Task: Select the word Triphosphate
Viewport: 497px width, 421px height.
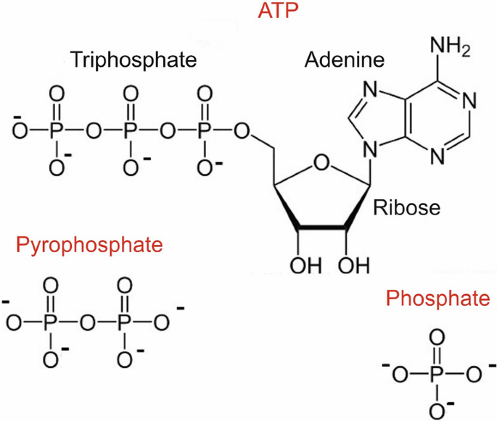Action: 134,59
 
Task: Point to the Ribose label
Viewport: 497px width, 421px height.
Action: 407,208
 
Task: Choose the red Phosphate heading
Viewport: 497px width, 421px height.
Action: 437,298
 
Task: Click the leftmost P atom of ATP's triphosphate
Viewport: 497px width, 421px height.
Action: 54,132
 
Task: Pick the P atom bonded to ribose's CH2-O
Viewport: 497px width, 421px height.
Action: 205,132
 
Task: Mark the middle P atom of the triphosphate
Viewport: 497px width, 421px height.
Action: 130,132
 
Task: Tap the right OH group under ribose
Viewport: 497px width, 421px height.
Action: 350,265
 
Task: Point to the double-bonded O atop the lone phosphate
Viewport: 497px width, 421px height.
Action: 435,338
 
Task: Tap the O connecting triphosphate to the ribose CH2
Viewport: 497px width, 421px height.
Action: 245,132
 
